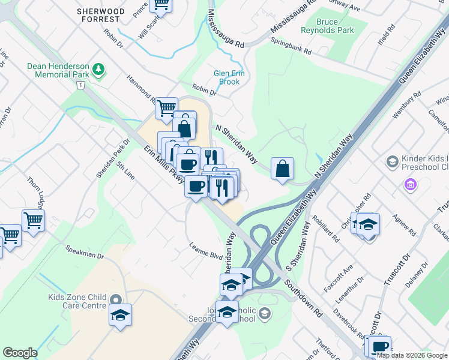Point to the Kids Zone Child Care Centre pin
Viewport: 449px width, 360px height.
coord(116,299)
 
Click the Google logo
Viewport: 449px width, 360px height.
coord(20,353)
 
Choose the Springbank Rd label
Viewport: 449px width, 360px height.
coord(291,46)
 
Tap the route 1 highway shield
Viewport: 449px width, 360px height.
coord(79,86)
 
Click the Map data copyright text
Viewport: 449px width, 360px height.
coord(412,355)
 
